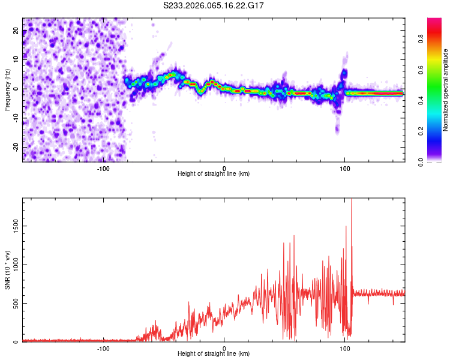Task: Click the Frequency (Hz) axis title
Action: pos(7,89)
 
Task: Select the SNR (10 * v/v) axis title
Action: pos(7,269)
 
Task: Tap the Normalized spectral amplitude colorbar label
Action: pos(446,90)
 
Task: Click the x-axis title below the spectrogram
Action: pos(214,174)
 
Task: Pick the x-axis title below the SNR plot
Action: pos(214,354)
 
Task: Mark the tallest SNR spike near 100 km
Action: pos(352,201)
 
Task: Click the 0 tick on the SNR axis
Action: pos(17,341)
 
